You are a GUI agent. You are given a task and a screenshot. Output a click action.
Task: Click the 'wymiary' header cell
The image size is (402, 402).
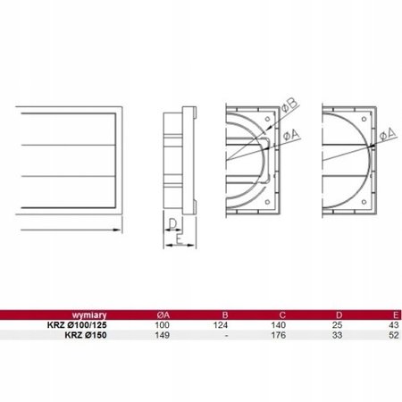point(89,314)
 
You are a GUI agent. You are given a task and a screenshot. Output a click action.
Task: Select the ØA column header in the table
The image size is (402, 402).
point(163,314)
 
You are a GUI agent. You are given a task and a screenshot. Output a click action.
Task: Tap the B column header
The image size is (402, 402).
point(225,314)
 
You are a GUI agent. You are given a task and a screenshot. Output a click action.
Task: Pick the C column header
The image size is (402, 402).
point(282,314)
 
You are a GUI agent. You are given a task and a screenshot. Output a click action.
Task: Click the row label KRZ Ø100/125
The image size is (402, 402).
point(77,325)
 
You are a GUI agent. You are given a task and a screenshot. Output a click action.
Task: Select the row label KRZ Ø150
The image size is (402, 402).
point(86,335)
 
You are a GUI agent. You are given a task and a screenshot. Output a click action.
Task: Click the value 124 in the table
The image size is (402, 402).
point(221,325)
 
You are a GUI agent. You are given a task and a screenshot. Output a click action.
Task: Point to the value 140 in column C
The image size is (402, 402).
point(279,325)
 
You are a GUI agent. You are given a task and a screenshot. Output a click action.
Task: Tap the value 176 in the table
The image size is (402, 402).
point(279,335)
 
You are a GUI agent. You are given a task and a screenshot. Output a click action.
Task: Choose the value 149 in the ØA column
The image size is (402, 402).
point(163,335)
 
